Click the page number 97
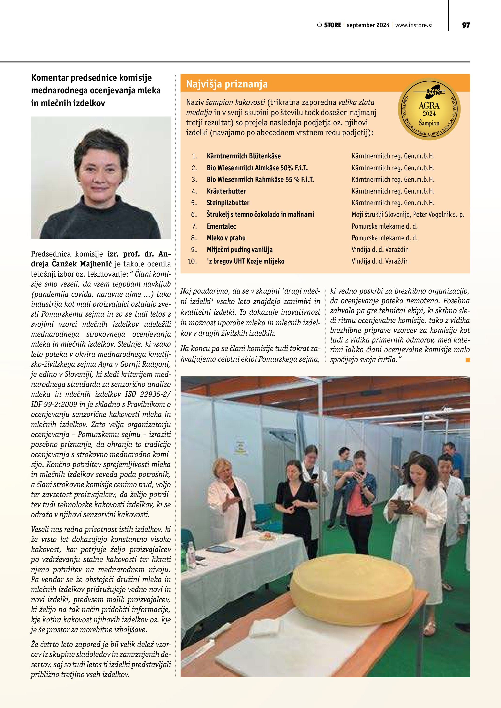coord(466,25)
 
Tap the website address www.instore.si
coord(414,25)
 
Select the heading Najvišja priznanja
coord(227,84)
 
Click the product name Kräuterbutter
coord(226,191)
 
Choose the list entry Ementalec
coord(221,226)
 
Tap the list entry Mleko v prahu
coord(226,238)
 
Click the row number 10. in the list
coord(192,262)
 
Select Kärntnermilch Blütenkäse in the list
coord(244,156)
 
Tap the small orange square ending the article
coord(468,359)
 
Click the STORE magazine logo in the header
coord(329,25)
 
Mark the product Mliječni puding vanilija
coord(240,250)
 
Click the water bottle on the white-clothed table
coord(191,552)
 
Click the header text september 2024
coord(368,25)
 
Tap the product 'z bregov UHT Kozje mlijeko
coord(246,262)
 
